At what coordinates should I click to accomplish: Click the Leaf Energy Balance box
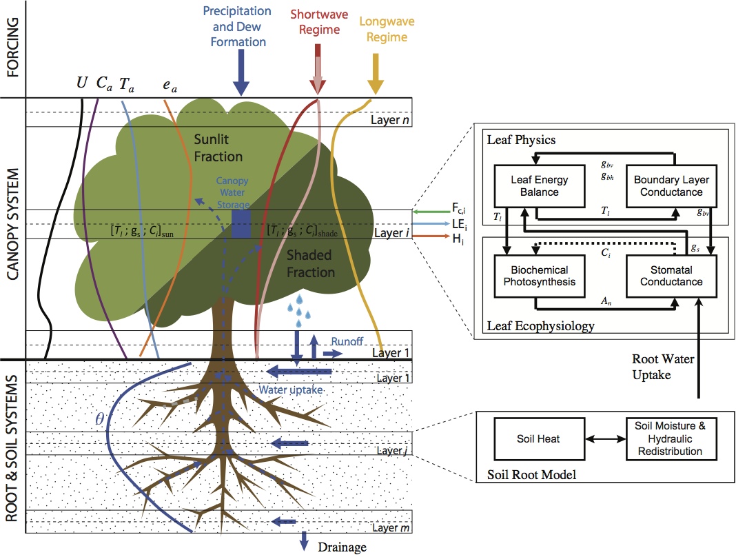[x=540, y=186]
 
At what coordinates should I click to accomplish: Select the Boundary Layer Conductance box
[x=671, y=186]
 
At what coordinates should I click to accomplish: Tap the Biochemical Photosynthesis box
[x=540, y=276]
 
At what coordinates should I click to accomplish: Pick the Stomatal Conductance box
[x=671, y=276]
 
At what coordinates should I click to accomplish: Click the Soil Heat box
[x=540, y=439]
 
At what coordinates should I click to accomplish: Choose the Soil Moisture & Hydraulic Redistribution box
[x=671, y=439]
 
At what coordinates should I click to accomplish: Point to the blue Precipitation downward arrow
[x=241, y=73]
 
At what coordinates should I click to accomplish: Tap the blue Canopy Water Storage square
[x=241, y=224]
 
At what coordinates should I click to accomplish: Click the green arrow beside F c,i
[x=431, y=212]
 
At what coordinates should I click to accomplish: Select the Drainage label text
[x=343, y=547]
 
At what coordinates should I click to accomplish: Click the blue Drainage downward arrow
[x=304, y=541]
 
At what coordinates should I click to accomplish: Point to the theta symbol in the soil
[x=99, y=418]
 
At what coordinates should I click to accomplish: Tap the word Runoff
[x=347, y=341]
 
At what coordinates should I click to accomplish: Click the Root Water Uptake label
[x=663, y=367]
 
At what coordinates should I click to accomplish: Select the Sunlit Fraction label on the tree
[x=218, y=148]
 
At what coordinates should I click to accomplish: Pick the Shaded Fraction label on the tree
[x=311, y=263]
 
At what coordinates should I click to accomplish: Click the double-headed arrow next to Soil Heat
[x=606, y=439]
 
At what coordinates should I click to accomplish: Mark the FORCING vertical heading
[x=12, y=48]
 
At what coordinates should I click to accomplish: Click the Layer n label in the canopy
[x=390, y=120]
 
